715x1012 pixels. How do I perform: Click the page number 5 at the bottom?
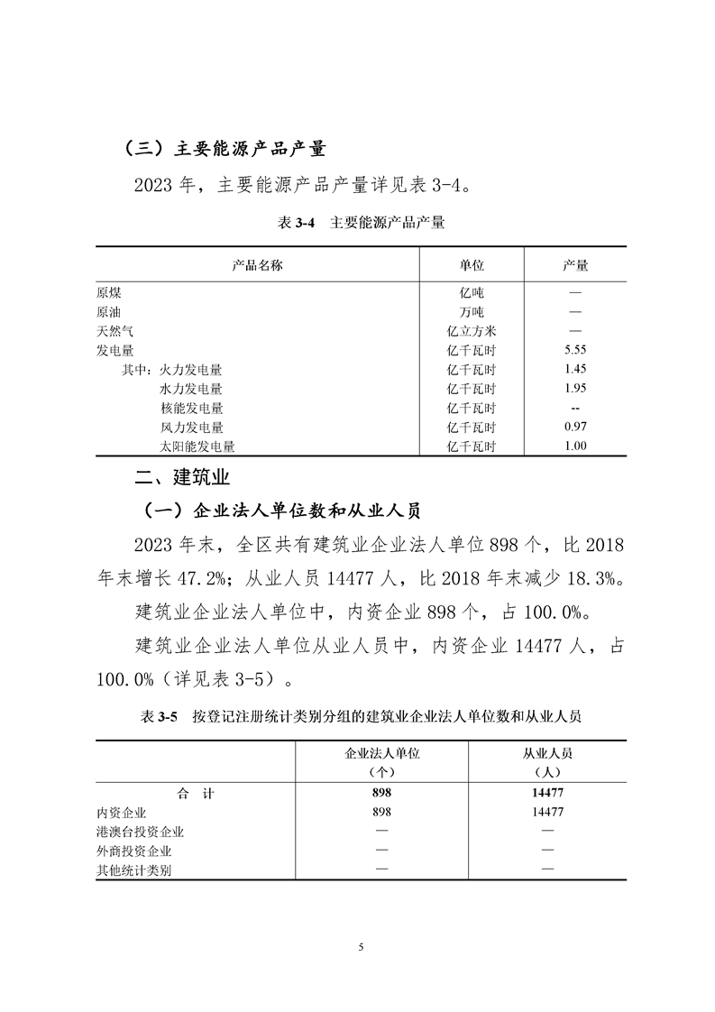(x=360, y=947)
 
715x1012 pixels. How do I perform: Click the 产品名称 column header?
(x=258, y=265)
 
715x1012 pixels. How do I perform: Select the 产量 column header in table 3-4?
(x=575, y=265)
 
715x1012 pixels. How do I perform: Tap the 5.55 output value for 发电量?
(x=575, y=350)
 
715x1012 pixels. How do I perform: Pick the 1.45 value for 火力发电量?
(x=575, y=369)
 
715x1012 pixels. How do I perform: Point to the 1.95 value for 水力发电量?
(x=575, y=389)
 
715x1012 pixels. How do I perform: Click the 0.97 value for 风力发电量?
(x=575, y=427)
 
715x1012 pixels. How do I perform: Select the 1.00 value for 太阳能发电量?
(x=575, y=446)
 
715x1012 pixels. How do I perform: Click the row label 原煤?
(x=109, y=292)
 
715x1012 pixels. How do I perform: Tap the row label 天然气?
(x=115, y=331)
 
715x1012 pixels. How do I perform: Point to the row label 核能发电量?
(x=191, y=408)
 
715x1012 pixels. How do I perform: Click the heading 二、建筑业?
(x=180, y=478)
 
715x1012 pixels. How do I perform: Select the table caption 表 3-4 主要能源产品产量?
(x=358, y=223)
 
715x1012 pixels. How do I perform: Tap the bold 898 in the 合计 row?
(x=383, y=793)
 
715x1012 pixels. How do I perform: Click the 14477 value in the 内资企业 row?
(x=548, y=812)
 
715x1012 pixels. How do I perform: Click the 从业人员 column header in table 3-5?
(x=548, y=754)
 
